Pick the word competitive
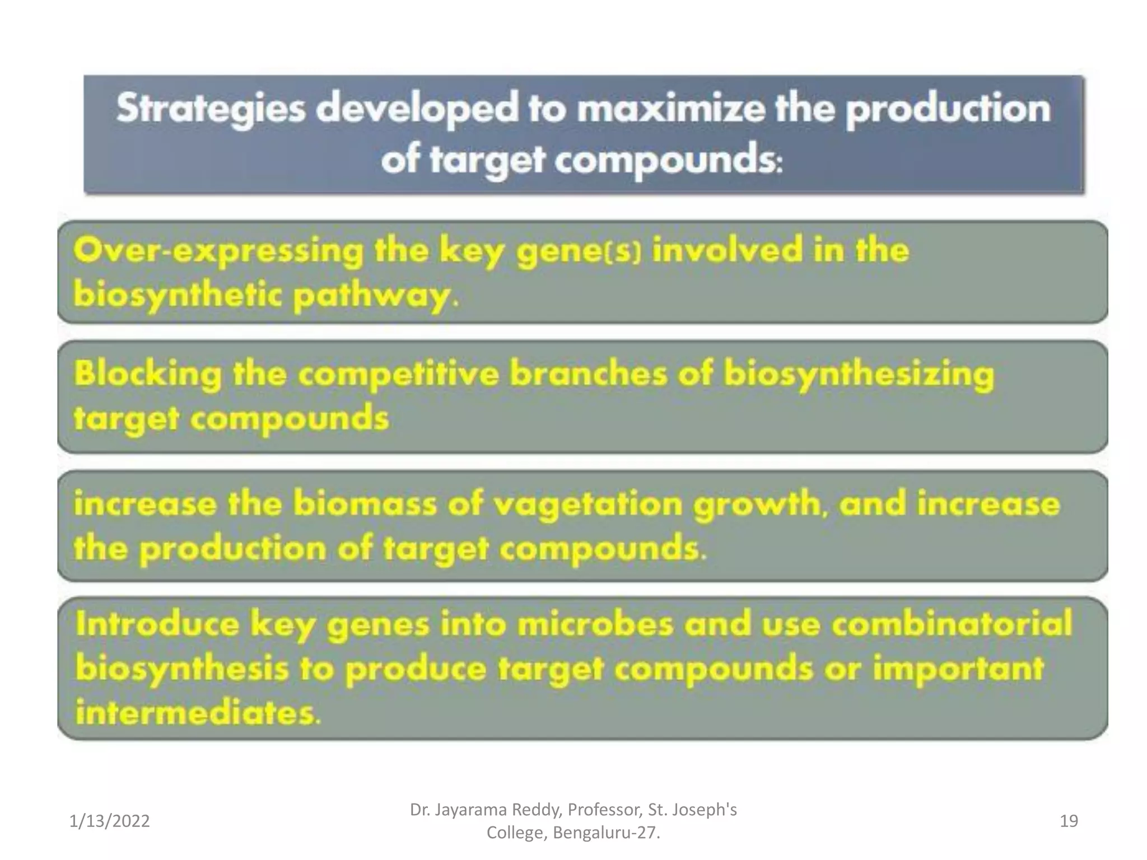[x=398, y=373]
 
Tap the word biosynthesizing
[x=859, y=373]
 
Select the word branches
[x=589, y=373]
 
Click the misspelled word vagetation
[x=588, y=504]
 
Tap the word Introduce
[x=158, y=624]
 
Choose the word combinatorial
[x=952, y=624]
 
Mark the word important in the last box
[x=958, y=669]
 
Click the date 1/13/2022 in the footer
[x=110, y=821]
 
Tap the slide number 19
[x=1069, y=821]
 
